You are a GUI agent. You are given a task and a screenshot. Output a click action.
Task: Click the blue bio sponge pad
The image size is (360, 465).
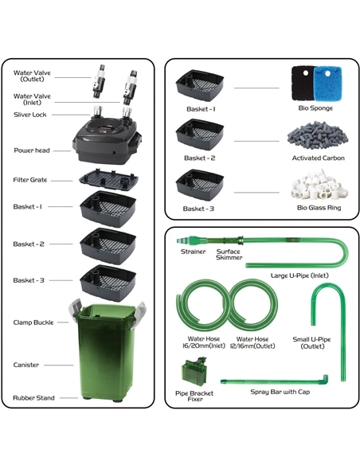[328, 83]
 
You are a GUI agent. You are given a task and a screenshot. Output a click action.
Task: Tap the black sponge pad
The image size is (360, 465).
[302, 83]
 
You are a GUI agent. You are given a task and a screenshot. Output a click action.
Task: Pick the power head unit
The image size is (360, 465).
[107, 139]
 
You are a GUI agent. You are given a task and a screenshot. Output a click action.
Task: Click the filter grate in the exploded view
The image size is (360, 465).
[108, 180]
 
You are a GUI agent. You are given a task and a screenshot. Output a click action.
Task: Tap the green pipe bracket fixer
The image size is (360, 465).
[194, 371]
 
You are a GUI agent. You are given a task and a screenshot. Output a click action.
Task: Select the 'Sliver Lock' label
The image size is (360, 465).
[30, 115]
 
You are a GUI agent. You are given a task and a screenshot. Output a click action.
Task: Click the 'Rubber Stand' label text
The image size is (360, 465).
[33, 398]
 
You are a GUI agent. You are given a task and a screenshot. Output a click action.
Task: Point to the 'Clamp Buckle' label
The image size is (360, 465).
[33, 322]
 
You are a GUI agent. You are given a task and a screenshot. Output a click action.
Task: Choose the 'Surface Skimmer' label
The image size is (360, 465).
[229, 255]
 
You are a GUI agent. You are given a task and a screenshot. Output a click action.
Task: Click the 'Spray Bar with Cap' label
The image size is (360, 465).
[280, 392]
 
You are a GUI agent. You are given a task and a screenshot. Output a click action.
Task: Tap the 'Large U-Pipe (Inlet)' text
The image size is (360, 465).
[299, 275]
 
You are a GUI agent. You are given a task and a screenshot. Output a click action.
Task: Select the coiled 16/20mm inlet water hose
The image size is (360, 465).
[203, 306]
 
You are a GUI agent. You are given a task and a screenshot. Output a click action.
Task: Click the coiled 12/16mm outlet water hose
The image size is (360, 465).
[253, 305]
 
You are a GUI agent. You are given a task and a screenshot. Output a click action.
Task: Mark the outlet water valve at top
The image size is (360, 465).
[99, 81]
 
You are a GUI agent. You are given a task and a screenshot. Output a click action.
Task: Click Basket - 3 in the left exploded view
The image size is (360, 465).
[108, 283]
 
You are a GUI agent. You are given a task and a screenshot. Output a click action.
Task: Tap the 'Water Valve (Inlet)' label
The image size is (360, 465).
[32, 100]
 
